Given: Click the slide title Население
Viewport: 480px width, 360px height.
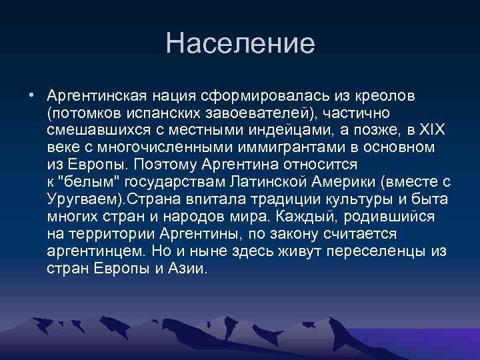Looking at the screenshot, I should tap(240, 44).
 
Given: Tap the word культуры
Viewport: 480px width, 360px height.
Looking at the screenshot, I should tap(356, 199).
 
